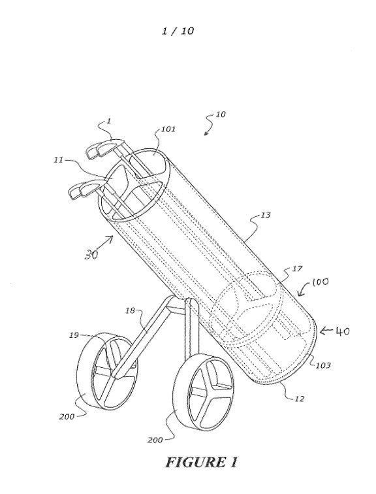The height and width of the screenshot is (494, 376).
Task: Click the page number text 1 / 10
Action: [178, 31]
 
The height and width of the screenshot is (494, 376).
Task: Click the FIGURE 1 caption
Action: [201, 463]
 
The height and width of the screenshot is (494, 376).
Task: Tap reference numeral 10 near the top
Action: [221, 114]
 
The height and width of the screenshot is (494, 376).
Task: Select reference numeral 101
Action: [168, 129]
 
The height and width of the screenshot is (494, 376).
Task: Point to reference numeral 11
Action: [58, 160]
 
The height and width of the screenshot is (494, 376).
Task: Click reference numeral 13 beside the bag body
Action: [266, 215]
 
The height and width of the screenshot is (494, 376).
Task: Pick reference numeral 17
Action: [297, 269]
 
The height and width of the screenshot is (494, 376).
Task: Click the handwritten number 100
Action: [321, 282]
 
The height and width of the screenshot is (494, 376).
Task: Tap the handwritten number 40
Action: [343, 331]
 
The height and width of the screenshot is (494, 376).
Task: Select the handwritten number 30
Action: [91, 254]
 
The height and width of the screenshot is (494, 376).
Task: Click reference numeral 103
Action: [323, 365]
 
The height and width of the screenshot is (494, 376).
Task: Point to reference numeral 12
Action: [300, 399]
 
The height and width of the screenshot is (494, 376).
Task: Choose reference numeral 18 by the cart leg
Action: [130, 311]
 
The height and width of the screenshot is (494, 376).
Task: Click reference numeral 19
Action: [74, 335]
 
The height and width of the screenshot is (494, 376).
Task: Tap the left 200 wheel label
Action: [67, 417]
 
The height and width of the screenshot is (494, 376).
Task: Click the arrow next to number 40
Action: [326, 331]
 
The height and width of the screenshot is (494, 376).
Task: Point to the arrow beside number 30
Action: [105, 242]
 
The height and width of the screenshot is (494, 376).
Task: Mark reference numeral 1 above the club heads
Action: [109, 121]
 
